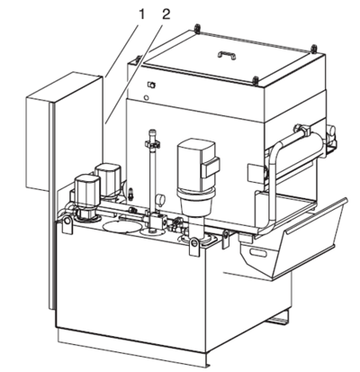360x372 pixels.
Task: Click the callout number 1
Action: pyautogui.click(x=141, y=14)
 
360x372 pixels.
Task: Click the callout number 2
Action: pyautogui.click(x=166, y=14)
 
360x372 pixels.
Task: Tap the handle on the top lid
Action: pyautogui.click(x=227, y=55)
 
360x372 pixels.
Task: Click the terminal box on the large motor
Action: pyautogui.click(x=211, y=168)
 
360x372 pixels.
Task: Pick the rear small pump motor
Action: pyautogui.click(x=108, y=178)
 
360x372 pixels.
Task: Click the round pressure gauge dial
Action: pyautogui.click(x=161, y=200)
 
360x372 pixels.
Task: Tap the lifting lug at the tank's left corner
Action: pyautogui.click(x=67, y=224)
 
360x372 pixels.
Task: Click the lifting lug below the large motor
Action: pyautogui.click(x=195, y=245)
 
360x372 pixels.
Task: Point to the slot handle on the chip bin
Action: pyautogui.click(x=258, y=253)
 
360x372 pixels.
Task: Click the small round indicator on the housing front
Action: pyautogui.click(x=147, y=97)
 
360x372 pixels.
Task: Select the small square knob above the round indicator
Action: pyautogui.click(x=151, y=85)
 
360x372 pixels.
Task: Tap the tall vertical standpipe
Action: pyautogui.click(x=153, y=171)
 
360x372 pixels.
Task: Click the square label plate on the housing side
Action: pyautogui.click(x=255, y=173)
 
